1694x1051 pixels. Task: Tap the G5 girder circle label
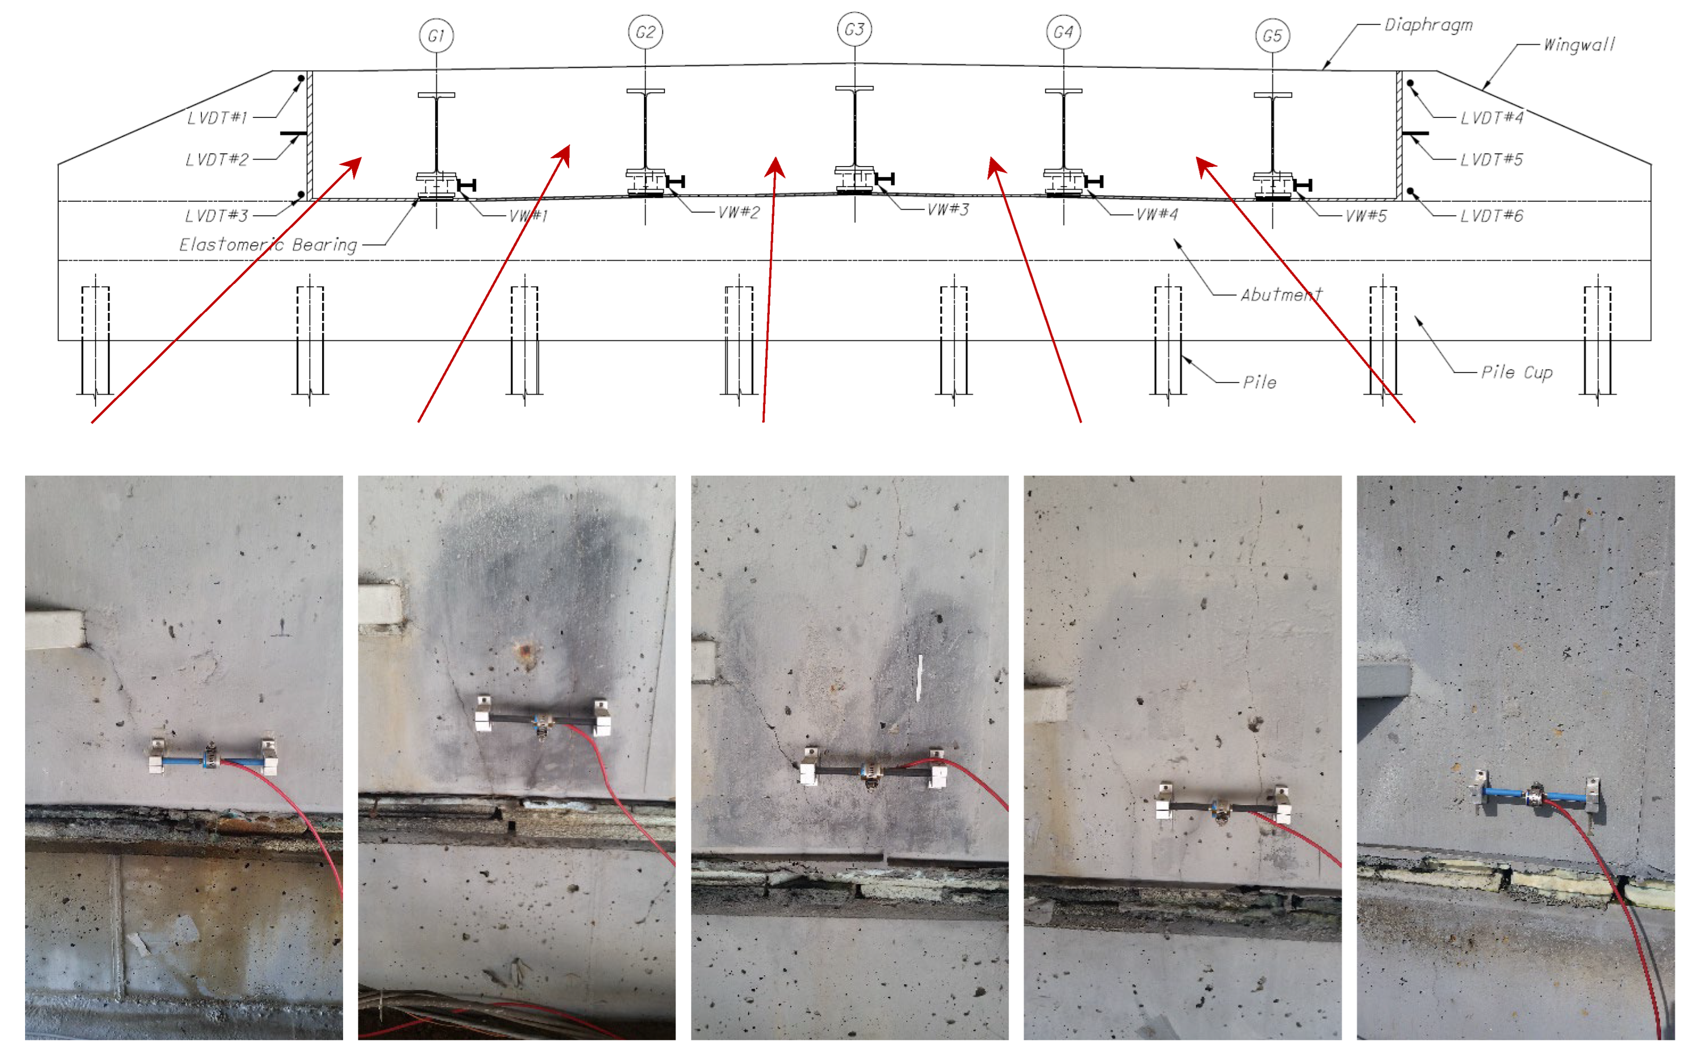pyautogui.click(x=1272, y=35)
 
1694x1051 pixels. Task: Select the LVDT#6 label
pyautogui.click(x=1491, y=215)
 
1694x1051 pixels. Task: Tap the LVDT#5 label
pyautogui.click(x=1491, y=159)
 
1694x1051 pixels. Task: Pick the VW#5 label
pyautogui.click(x=1366, y=215)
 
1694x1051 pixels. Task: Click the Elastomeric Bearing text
pyautogui.click(x=268, y=245)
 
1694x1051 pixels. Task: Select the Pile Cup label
pyautogui.click(x=1517, y=373)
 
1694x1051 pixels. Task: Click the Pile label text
pyautogui.click(x=1259, y=381)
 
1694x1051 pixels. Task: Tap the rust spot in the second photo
pyautogui.click(x=526, y=651)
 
